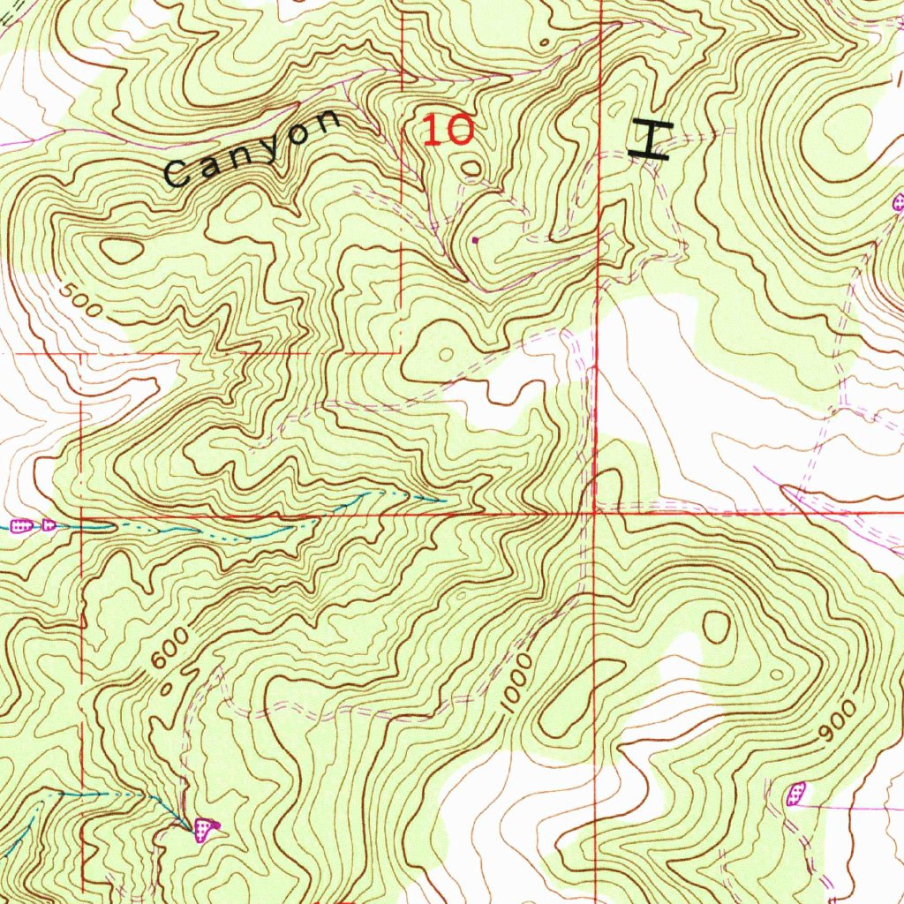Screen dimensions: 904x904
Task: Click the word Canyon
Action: pos(252,147)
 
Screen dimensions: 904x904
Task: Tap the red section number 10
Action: pos(448,131)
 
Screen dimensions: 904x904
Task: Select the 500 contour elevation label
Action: pos(83,302)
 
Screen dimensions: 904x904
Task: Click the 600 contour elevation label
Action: pos(169,650)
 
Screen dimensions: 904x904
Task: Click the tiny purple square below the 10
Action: pos(476,238)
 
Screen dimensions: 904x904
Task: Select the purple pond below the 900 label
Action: pos(796,793)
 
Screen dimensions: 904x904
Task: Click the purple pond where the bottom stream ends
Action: pos(207,828)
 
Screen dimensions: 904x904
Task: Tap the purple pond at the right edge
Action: pos(899,203)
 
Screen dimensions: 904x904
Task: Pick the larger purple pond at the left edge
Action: pos(23,527)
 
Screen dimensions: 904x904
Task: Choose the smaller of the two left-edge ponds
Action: pos(49,525)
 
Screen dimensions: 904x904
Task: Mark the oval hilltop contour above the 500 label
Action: pos(121,251)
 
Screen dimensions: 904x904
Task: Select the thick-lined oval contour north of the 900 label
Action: pos(716,626)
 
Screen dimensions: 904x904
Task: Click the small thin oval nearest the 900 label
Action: pos(777,674)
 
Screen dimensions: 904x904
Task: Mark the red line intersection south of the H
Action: pos(596,511)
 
